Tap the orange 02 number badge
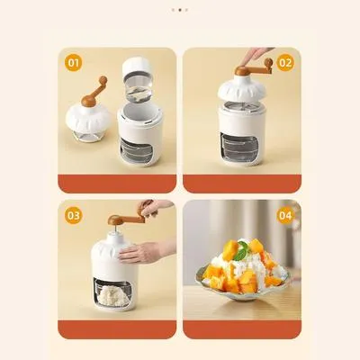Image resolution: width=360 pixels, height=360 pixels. (x=285, y=62)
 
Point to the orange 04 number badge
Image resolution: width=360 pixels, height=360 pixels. (x=285, y=216)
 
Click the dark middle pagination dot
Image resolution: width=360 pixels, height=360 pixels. (x=179, y=11)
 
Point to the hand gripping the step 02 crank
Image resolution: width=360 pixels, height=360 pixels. (x=258, y=56)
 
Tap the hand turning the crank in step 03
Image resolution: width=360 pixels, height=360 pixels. (x=153, y=209)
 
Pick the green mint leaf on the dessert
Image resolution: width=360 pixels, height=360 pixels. (x=239, y=255)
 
